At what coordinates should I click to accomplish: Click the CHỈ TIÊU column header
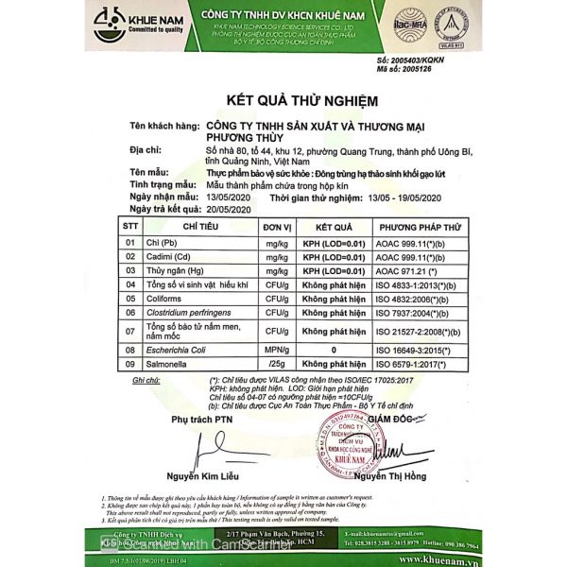click(x=201, y=228)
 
